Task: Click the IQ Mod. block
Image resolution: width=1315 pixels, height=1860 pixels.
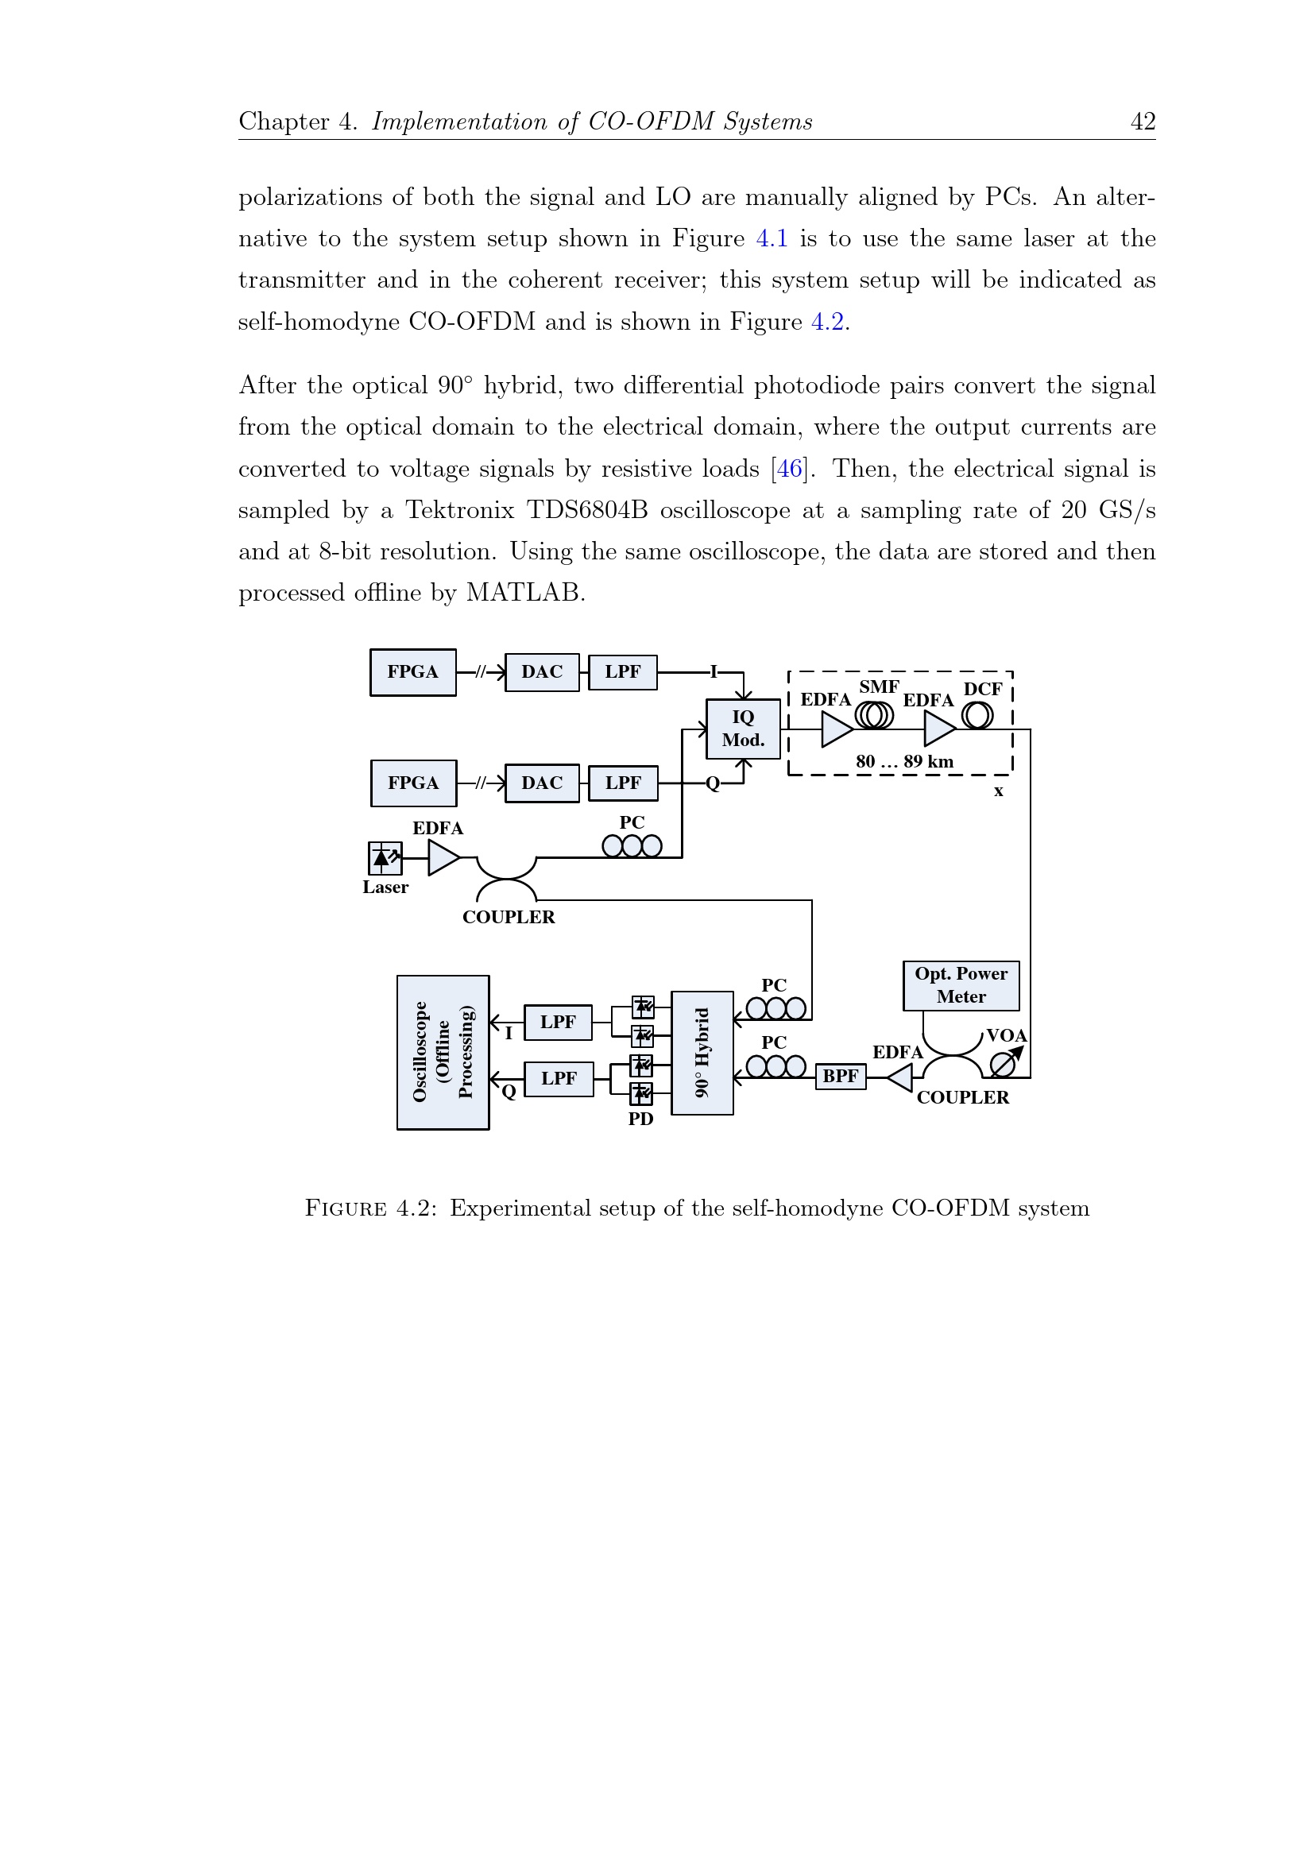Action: [742, 729]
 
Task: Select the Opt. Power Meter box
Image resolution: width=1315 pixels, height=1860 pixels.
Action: [960, 985]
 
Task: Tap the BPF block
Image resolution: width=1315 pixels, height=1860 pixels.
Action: [839, 1076]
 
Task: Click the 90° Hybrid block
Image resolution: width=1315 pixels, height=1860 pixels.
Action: [702, 1052]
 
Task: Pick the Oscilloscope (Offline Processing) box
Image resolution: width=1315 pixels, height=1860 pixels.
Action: [443, 1051]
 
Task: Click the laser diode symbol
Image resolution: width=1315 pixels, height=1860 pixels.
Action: [384, 858]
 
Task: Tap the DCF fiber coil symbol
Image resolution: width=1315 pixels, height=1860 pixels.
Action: [977, 715]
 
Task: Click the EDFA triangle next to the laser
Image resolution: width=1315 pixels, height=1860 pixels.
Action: [443, 858]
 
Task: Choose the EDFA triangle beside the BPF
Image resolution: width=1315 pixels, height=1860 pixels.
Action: [900, 1077]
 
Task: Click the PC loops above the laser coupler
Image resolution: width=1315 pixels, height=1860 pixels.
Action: [632, 845]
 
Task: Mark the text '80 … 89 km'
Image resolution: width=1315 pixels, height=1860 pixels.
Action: [904, 761]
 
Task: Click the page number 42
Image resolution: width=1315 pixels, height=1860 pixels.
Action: [1143, 122]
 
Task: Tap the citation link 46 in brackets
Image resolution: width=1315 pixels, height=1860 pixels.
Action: [789, 469]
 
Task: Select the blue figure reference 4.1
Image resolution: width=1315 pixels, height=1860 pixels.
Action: [772, 239]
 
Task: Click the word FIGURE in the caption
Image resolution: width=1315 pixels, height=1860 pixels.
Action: [345, 1208]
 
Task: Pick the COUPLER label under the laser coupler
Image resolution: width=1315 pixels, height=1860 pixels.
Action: [508, 917]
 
